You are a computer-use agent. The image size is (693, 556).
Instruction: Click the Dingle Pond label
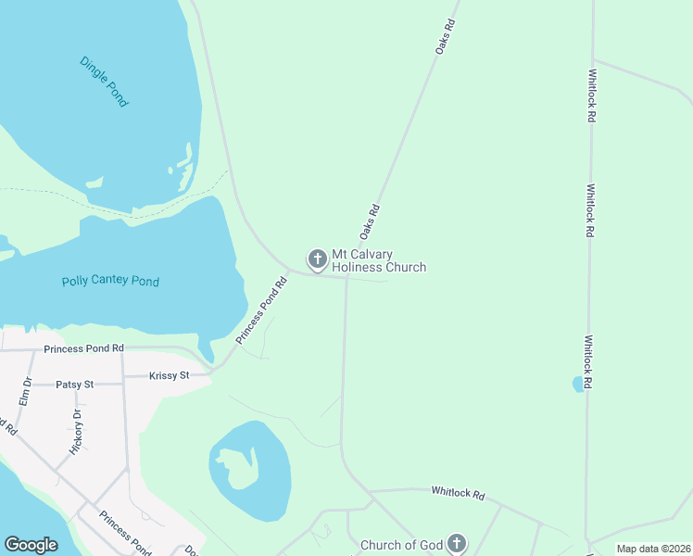click(x=104, y=82)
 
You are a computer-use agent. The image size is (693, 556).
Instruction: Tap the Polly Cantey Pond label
click(x=110, y=281)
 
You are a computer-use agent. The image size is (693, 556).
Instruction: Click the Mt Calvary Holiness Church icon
click(x=317, y=259)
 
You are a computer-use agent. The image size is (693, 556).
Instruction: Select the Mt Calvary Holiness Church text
click(x=378, y=260)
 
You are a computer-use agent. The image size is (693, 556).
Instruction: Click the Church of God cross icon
click(x=456, y=543)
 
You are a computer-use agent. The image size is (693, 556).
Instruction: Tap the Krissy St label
click(x=170, y=375)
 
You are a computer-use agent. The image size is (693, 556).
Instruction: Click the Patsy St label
click(x=74, y=384)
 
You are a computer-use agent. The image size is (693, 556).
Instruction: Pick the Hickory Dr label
click(x=78, y=432)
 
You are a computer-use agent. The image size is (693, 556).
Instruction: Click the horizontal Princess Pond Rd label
click(x=83, y=348)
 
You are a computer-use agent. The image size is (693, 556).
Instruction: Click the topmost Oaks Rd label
click(x=447, y=36)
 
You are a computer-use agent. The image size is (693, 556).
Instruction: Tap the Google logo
click(x=31, y=545)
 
